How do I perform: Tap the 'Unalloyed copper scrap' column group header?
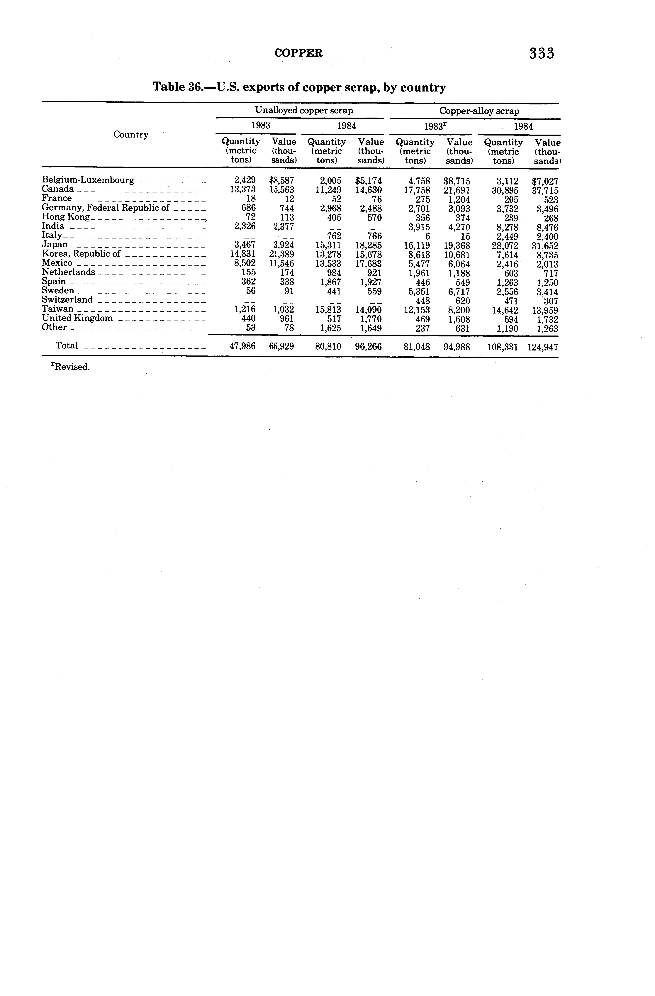pos(304,111)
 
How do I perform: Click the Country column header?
pos(131,134)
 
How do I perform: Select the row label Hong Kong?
pos(66,217)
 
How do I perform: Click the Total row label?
pos(67,346)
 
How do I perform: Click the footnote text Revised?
pos(70,367)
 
